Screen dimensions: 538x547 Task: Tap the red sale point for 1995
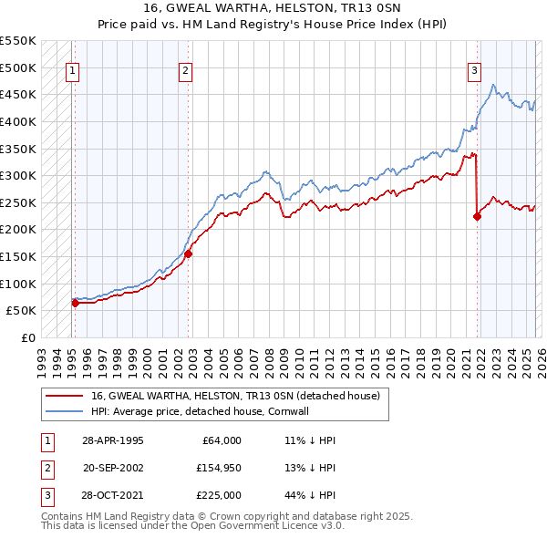point(75,303)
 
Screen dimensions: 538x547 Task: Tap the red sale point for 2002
point(189,254)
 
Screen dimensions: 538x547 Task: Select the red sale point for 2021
point(477,216)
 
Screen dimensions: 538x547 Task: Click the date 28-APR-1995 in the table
point(112,440)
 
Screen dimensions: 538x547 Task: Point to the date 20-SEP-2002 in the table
point(112,468)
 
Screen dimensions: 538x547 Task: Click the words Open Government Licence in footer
point(245,526)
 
